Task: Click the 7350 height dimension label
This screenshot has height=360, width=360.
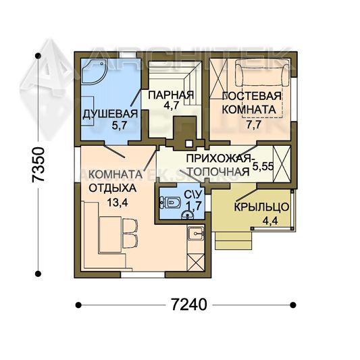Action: click(38, 164)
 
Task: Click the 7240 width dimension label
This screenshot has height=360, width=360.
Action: click(189, 305)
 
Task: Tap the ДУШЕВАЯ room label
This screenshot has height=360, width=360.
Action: click(110, 113)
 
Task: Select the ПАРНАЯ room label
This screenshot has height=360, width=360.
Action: click(171, 95)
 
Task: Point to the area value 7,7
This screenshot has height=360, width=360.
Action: click(254, 125)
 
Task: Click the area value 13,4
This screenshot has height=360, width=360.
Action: click(117, 203)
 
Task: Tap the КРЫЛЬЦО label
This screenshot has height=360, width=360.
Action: click(261, 207)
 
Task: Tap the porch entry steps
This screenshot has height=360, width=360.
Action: click(233, 240)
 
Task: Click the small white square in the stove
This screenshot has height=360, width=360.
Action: click(189, 143)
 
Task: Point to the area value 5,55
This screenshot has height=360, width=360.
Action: click(263, 166)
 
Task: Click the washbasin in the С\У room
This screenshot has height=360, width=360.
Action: click(188, 215)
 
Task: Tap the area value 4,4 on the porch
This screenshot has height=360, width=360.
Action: click(270, 221)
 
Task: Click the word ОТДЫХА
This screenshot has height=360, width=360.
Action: click(113, 188)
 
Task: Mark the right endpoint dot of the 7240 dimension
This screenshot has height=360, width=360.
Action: click(292, 305)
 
